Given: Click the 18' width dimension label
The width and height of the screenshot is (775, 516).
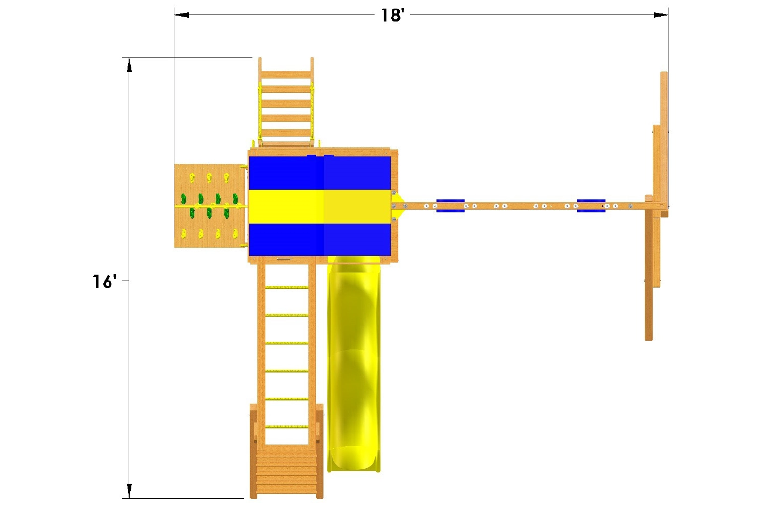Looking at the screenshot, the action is (x=392, y=16).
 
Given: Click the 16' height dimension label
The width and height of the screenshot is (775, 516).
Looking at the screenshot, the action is (x=104, y=281).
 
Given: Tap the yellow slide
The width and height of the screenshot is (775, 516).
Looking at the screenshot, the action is (x=354, y=363).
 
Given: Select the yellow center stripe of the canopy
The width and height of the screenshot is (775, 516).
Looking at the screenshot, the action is (x=320, y=207).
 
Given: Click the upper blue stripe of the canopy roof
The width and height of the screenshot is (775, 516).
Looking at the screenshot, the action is (x=320, y=173).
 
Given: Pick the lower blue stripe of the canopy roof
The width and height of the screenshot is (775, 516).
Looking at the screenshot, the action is (x=320, y=240).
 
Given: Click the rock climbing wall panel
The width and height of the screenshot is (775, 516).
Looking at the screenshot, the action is (x=210, y=206).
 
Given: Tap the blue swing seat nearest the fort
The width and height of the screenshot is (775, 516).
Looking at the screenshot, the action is (x=450, y=206).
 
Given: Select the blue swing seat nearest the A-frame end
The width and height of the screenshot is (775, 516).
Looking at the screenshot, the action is (x=591, y=206).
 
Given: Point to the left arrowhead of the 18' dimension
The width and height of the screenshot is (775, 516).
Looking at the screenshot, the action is (x=181, y=15).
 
